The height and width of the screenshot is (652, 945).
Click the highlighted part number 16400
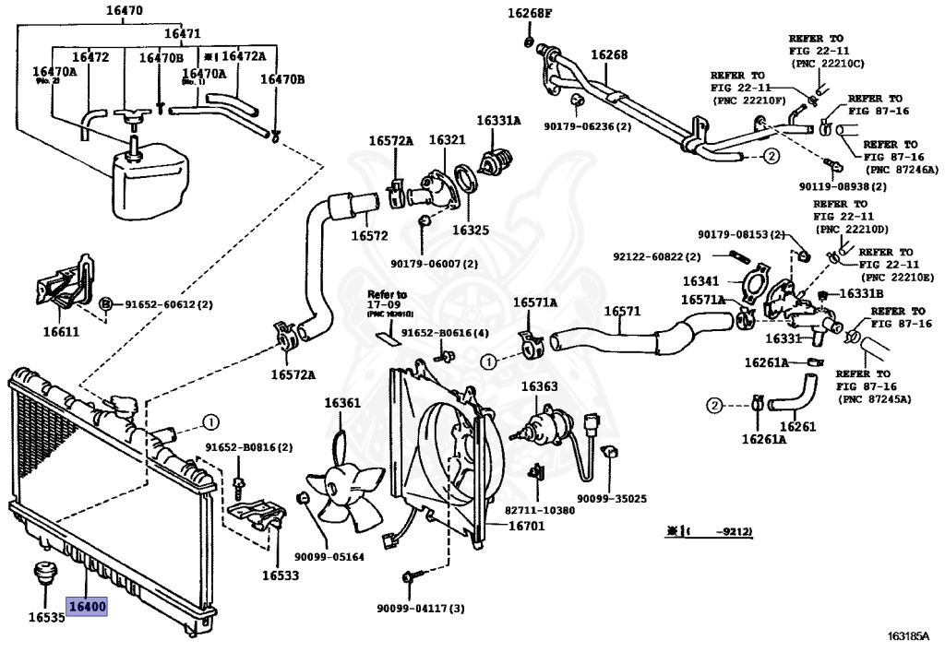86,608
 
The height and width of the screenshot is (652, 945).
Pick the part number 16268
609,54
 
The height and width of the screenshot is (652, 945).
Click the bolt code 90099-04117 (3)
420,609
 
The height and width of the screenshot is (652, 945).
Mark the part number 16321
447,140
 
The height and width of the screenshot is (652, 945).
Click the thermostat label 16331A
498,121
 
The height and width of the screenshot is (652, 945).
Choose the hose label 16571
622,311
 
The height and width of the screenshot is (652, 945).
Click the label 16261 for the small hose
797,426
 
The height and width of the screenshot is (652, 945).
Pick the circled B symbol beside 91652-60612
106,303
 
